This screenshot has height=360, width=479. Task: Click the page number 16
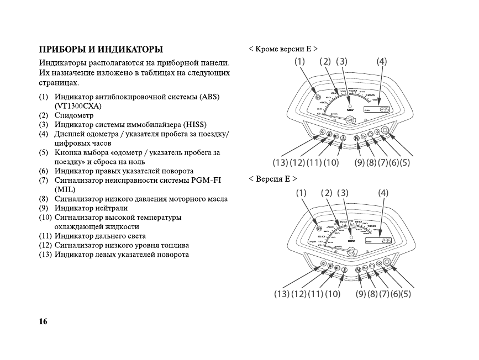tap(43, 321)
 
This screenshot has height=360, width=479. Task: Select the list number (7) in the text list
tap(43, 180)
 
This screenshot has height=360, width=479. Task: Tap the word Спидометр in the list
tap(74, 115)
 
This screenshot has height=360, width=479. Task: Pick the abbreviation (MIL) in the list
tap(64, 189)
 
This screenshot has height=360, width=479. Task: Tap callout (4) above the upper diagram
tap(381, 61)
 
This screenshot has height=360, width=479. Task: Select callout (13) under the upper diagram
tap(280, 162)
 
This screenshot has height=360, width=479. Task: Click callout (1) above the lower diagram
tap(301, 193)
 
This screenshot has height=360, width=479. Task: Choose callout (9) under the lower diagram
tap(361, 294)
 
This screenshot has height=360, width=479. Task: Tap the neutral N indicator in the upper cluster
tap(356, 137)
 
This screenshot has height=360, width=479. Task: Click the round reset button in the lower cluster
tap(387, 263)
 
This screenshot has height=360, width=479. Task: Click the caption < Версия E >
tap(273, 179)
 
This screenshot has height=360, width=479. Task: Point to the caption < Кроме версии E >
tap(283, 49)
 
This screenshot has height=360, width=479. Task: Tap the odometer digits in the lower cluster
tap(386, 241)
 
